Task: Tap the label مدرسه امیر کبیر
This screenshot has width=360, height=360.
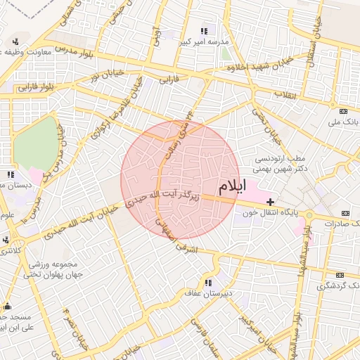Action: pos(205,41)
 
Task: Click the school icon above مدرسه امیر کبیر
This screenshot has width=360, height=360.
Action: pos(205,31)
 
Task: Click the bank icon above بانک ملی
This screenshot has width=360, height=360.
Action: pos(344,112)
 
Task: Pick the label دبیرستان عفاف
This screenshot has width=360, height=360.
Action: pos(209,294)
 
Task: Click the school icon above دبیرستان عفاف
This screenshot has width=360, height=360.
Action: pos(209,283)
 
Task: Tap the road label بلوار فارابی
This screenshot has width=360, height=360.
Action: pos(37,87)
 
